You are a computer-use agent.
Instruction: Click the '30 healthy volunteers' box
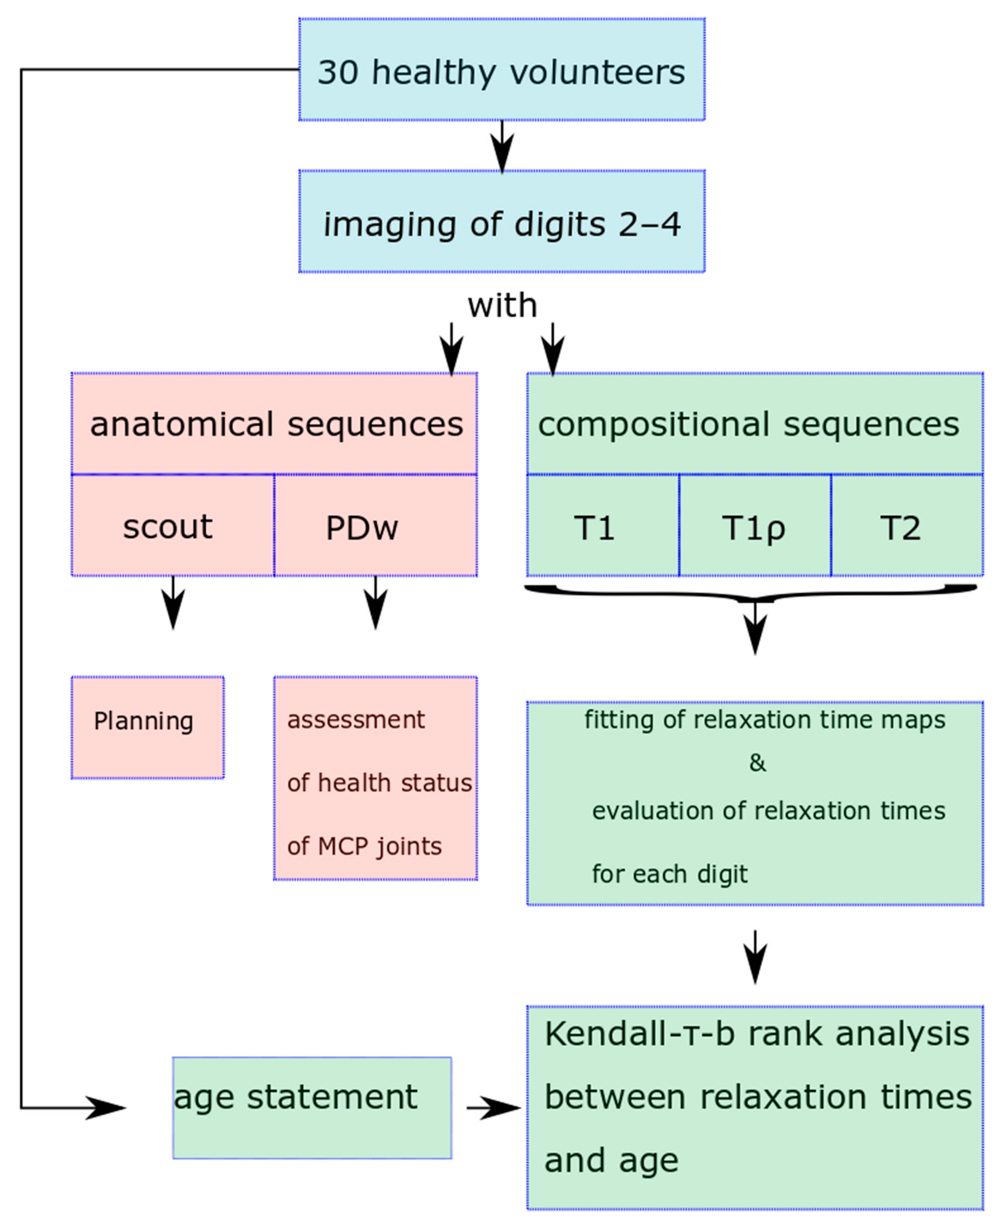[501, 70]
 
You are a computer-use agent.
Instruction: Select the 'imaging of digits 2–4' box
[501, 221]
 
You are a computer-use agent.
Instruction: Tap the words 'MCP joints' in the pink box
[379, 847]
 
